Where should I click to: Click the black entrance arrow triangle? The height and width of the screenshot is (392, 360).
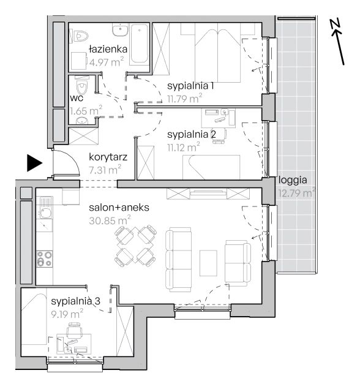click(x=34, y=163)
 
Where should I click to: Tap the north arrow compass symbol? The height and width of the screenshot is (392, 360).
click(x=338, y=42)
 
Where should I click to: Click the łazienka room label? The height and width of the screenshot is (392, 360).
click(x=108, y=49)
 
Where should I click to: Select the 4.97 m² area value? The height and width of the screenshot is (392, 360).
click(x=107, y=62)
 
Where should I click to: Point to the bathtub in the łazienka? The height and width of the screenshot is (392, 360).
click(x=139, y=43)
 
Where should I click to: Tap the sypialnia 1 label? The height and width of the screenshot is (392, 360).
click(x=190, y=86)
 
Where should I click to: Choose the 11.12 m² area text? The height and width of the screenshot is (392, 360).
click(x=184, y=147)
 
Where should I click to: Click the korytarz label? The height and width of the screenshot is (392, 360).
click(x=108, y=157)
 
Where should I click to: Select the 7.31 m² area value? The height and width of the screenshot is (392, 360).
click(x=105, y=170)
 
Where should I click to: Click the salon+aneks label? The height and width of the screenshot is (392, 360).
click(x=119, y=208)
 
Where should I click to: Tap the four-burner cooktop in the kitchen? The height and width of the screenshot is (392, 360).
click(x=45, y=258)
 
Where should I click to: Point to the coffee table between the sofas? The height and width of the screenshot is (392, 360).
click(x=208, y=263)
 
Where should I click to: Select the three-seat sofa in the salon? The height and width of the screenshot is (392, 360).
click(x=179, y=260)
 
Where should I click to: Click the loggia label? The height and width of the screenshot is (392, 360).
click(x=293, y=180)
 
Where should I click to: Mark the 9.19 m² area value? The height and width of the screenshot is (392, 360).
click(x=67, y=314)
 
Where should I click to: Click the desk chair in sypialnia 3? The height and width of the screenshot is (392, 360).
click(x=74, y=330)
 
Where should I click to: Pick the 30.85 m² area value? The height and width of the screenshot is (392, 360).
click(x=110, y=221)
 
